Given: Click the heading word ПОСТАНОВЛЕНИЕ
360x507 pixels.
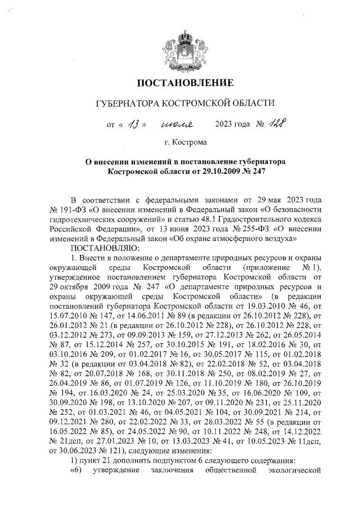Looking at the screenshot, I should [185, 84].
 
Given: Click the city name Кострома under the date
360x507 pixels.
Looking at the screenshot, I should [190, 143].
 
